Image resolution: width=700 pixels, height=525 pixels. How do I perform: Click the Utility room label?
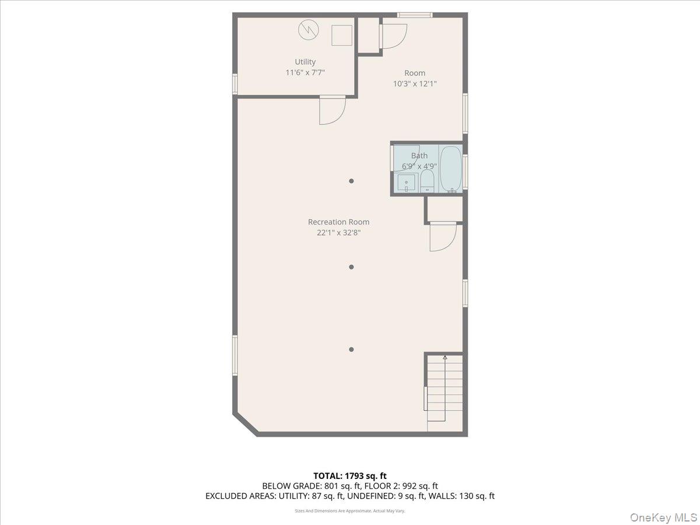click(x=305, y=62)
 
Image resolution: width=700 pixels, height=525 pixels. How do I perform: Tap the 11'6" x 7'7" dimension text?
click(x=305, y=72)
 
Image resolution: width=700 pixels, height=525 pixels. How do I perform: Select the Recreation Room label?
click(x=338, y=222)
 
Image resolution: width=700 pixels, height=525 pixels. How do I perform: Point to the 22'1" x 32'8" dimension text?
click(x=338, y=233)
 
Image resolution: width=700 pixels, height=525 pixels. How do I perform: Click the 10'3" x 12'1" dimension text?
click(x=415, y=83)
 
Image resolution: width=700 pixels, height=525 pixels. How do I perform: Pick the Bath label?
click(x=419, y=155)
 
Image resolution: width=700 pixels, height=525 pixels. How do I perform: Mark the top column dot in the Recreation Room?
click(x=351, y=181)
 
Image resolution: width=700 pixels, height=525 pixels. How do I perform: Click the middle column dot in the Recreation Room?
click(x=351, y=267)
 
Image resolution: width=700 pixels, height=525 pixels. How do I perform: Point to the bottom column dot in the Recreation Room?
click(x=351, y=349)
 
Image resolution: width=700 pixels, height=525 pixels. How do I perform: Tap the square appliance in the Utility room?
click(x=342, y=35)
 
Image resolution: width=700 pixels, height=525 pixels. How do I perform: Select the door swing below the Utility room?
click(x=332, y=111)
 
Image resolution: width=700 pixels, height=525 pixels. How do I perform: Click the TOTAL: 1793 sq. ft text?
click(x=350, y=476)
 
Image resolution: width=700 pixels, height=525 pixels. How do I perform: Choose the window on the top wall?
click(x=415, y=15)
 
